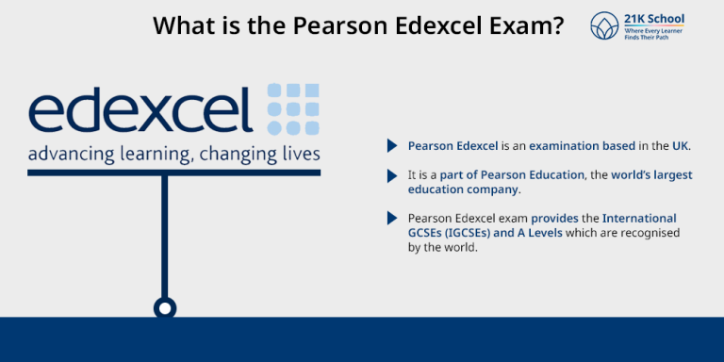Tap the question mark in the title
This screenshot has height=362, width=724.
[x=558, y=25]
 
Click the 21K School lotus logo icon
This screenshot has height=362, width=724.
[x=604, y=25]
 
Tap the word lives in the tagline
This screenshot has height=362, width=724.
[x=299, y=154]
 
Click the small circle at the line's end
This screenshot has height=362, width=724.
[x=165, y=307]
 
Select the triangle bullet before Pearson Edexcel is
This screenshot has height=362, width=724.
[x=391, y=146]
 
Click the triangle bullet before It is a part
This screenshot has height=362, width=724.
[x=391, y=175]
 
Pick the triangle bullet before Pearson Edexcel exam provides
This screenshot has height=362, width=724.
[x=391, y=219]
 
